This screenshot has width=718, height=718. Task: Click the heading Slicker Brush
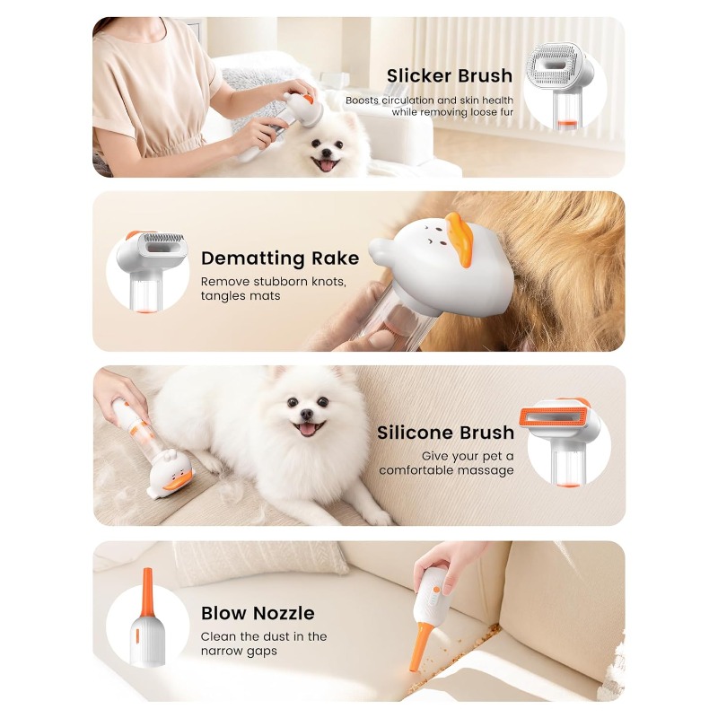(x=450, y=76)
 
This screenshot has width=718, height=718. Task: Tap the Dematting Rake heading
(x=280, y=258)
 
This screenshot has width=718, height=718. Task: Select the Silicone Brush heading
(x=445, y=433)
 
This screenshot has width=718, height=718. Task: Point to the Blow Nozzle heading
(x=258, y=613)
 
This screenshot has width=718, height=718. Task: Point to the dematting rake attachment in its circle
(x=158, y=244)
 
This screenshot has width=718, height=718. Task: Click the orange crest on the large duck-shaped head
(x=460, y=237)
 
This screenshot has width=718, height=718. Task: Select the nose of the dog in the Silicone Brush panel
(x=306, y=414)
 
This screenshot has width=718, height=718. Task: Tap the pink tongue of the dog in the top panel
(x=327, y=165)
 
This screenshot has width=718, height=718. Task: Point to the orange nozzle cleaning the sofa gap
(x=420, y=646)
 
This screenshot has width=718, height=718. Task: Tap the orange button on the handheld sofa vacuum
(x=436, y=590)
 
